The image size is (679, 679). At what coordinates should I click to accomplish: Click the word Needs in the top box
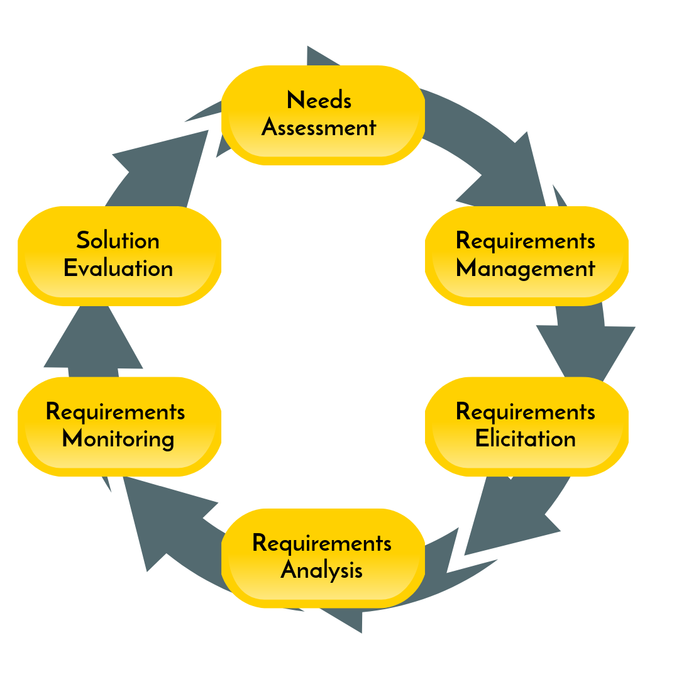click(319, 101)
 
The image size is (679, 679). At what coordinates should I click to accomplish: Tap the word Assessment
click(319, 128)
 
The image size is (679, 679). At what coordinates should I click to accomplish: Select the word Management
click(525, 269)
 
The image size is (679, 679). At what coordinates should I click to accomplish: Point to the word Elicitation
click(525, 438)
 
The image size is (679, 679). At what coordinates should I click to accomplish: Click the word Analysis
click(321, 570)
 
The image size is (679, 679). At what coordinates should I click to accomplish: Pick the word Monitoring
click(118, 439)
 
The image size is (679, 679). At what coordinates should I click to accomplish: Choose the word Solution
click(118, 241)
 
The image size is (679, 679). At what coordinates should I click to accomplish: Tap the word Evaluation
click(118, 268)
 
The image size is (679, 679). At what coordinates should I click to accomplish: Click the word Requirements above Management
click(525, 241)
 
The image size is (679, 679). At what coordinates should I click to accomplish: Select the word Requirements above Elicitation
click(525, 412)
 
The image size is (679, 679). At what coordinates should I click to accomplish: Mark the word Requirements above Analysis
click(321, 543)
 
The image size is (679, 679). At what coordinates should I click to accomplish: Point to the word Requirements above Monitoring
click(116, 412)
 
